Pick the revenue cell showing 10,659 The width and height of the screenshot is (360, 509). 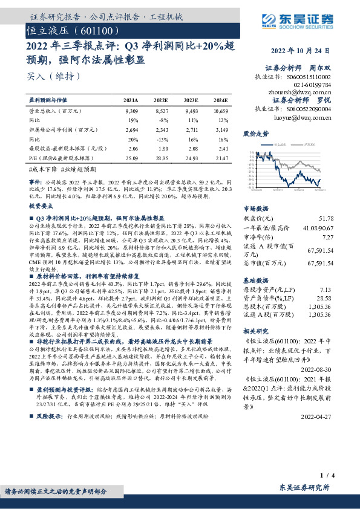(x=220, y=112)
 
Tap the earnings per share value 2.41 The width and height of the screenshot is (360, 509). (x=222, y=148)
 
